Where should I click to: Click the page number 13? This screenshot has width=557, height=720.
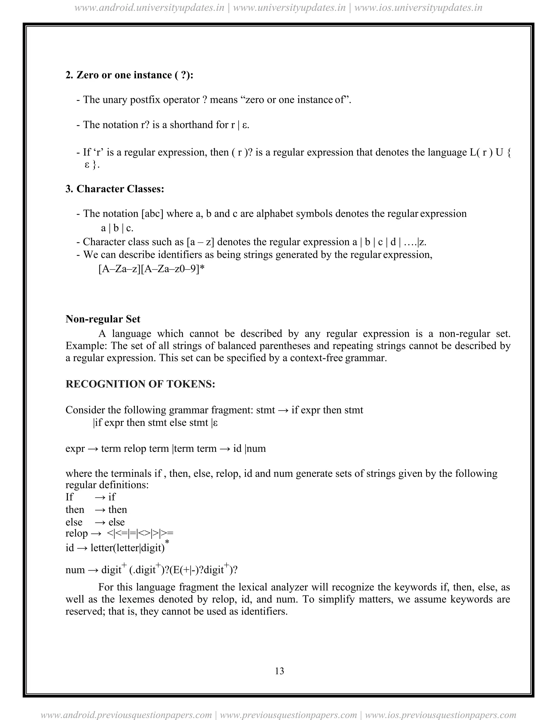point(279,671)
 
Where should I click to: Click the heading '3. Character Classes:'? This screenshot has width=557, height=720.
point(115,189)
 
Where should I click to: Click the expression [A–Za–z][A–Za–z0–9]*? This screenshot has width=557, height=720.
point(151,269)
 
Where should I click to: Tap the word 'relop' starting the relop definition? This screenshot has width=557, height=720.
point(76,533)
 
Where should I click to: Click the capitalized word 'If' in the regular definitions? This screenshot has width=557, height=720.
point(69,497)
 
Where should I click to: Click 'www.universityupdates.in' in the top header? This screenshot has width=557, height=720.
point(289,8)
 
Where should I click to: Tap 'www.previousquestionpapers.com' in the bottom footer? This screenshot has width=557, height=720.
point(288,715)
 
